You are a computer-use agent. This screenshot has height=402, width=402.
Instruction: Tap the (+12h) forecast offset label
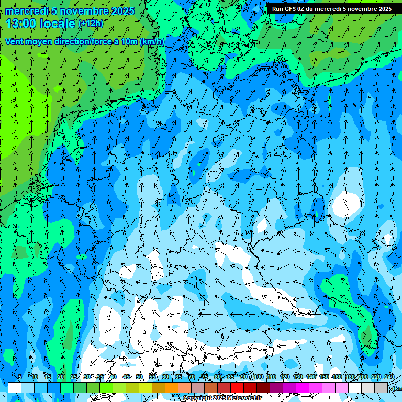pos(91,24)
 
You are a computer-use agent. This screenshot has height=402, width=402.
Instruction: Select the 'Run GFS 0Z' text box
pos(331,9)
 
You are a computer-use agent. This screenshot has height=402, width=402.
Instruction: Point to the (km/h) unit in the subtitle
pos(152,42)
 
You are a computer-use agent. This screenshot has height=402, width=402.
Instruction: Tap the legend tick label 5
pos(20,377)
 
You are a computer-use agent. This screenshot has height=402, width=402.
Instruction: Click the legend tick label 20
pos(61,377)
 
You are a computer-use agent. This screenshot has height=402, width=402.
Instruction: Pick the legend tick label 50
pos(139,377)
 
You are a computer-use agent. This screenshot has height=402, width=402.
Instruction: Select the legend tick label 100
pos(258,377)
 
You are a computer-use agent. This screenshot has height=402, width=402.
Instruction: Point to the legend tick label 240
pos(389,377)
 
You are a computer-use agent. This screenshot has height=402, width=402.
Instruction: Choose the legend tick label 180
pos(350,377)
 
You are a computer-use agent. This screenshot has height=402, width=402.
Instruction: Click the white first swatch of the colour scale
pos(15,387)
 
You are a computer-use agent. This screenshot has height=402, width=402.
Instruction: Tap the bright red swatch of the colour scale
pos(237,387)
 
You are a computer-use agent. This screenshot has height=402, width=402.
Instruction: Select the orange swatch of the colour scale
pos(172,387)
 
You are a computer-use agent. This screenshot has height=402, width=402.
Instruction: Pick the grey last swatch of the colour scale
pos(381,387)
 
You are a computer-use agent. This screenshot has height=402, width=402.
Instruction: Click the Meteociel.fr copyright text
pos(222,398)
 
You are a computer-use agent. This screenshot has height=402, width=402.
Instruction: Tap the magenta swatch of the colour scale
pos(303,387)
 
